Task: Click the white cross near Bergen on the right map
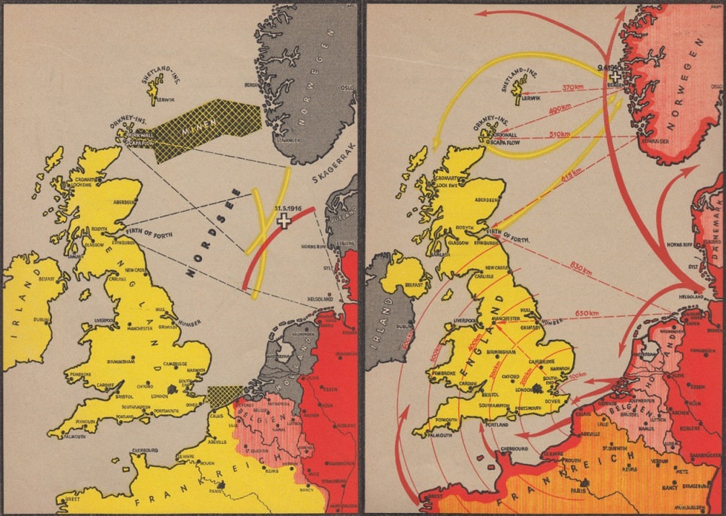pos(614,75)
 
